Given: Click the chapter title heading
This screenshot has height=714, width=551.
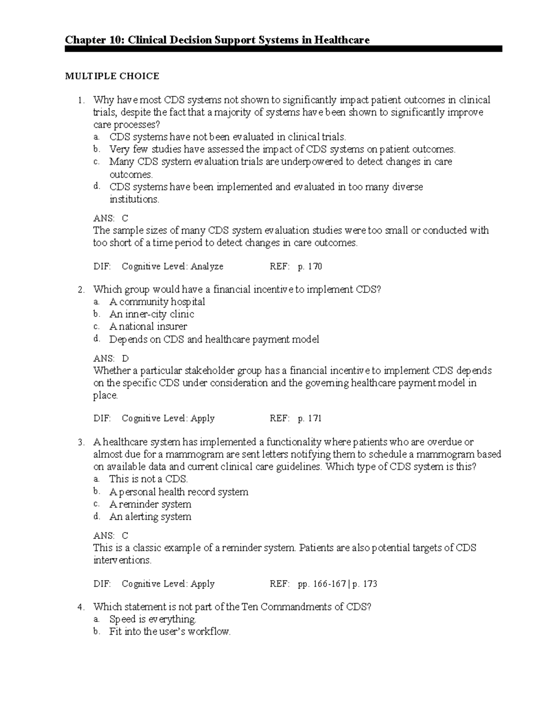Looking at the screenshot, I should (217, 40).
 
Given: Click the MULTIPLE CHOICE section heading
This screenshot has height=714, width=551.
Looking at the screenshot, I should (112, 76).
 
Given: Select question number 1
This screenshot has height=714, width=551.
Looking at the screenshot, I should (81, 100).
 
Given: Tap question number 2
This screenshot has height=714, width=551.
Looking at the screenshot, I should (81, 290).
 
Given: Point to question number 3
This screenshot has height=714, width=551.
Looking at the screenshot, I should (81, 443).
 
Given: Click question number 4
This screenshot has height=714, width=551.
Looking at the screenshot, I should (81, 608).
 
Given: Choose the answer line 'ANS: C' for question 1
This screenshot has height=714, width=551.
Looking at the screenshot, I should (111, 218).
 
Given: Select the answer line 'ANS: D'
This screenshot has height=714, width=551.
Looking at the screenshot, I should (111, 359).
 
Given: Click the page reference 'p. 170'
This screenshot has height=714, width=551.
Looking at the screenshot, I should (310, 267).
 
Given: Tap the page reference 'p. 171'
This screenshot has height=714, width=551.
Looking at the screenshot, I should (310, 419).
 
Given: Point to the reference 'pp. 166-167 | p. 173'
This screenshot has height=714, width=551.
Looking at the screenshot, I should (337, 584).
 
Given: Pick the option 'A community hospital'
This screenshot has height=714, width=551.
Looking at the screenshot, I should (157, 302).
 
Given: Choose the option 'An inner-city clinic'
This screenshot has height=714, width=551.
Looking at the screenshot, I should (152, 314).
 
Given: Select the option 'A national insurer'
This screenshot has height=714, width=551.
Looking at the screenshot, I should (148, 327).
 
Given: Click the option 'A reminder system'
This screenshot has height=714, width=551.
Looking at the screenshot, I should (150, 504).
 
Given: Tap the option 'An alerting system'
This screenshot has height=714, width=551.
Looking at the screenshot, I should (150, 517).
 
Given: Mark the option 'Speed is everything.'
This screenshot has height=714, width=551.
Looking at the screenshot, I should (153, 619).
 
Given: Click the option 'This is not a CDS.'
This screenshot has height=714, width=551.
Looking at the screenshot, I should (149, 479).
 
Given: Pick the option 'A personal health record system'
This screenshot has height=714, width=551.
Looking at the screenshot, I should (179, 492).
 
